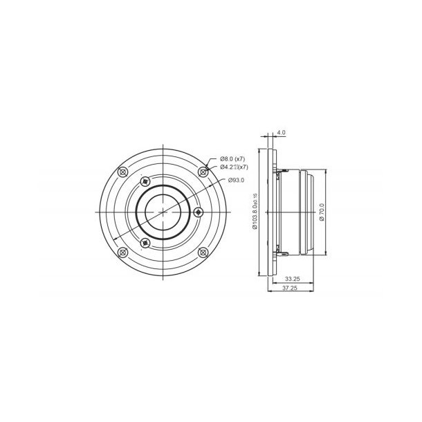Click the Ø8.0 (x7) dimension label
(x=234, y=159)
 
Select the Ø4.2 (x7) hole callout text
(x=235, y=167)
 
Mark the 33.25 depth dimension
(x=293, y=279)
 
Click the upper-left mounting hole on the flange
(x=124, y=171)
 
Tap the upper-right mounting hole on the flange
(x=204, y=171)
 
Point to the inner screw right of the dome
(x=199, y=211)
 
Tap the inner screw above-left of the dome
(x=145, y=181)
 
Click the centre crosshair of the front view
(x=164, y=211)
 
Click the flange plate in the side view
(x=270, y=211)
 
